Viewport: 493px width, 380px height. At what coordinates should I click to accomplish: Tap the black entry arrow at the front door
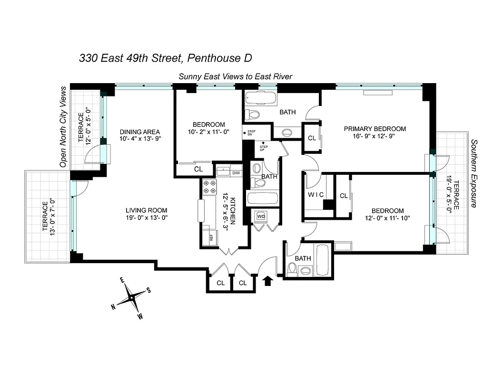[x=268, y=281]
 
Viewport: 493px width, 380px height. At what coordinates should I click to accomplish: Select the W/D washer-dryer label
[x=261, y=217]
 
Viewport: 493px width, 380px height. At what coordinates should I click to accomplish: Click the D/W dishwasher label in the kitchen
[x=236, y=173]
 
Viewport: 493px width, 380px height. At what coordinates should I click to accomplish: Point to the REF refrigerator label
[x=211, y=237]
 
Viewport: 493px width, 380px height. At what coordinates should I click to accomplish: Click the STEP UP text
[x=263, y=145]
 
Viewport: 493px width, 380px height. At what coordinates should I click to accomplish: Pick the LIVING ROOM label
[x=147, y=210]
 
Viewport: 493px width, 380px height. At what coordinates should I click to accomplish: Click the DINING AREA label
[x=139, y=132]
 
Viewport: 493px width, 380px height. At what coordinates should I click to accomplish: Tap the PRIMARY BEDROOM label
[x=375, y=129]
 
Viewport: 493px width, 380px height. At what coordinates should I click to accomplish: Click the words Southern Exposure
[x=474, y=173]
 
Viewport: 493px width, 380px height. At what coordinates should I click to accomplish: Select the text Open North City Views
[x=62, y=127]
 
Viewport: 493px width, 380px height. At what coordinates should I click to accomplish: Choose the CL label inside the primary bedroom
[x=312, y=138]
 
